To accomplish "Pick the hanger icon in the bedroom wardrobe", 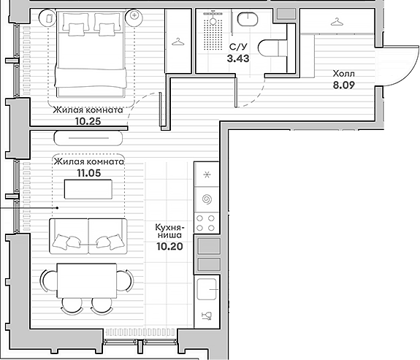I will click(177, 42).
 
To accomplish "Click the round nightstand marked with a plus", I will click(134, 15).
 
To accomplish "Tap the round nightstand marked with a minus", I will click(47, 15).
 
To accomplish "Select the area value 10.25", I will click(88, 121).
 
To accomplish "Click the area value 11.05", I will click(88, 173).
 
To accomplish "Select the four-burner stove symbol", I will click(207, 221).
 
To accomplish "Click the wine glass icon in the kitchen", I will click(206, 315).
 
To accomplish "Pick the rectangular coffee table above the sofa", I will click(88, 189).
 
